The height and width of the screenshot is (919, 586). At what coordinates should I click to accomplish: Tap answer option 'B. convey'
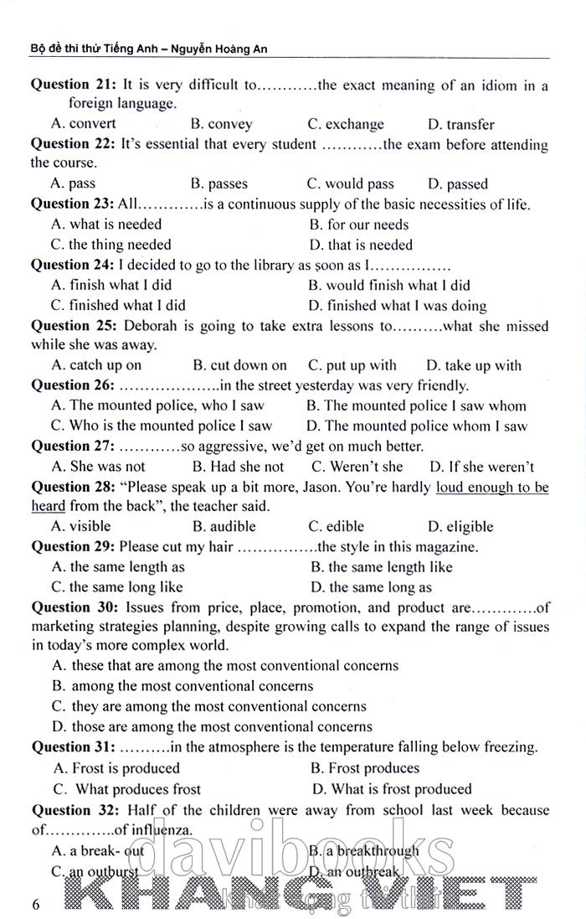(x=221, y=124)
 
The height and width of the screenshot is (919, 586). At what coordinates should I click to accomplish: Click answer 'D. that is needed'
(x=361, y=245)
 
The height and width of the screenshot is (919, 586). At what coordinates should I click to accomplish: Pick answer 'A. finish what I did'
(x=111, y=285)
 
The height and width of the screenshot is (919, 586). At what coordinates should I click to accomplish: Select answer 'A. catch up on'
(x=96, y=365)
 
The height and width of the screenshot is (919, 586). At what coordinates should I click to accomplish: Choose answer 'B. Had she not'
(x=238, y=467)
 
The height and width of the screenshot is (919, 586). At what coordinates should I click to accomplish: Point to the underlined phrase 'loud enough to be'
(x=492, y=487)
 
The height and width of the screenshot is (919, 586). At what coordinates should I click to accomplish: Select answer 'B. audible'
(x=224, y=527)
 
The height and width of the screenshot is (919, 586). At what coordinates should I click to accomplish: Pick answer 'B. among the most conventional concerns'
(x=182, y=685)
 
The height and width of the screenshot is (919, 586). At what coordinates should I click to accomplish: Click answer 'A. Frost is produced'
(x=116, y=767)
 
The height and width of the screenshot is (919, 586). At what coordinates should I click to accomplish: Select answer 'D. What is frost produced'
(x=392, y=788)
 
